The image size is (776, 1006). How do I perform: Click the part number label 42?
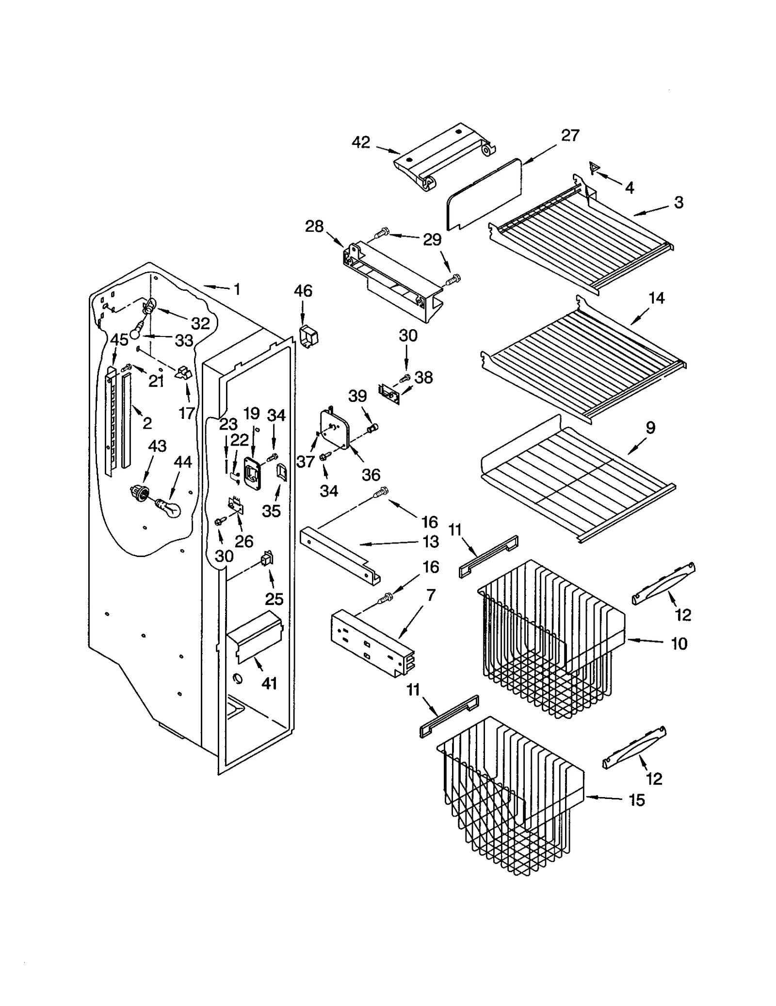click(x=361, y=142)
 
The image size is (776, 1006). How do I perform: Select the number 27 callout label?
click(x=570, y=135)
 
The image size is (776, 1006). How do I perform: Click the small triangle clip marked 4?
click(x=594, y=168)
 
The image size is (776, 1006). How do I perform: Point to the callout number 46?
click(x=303, y=291)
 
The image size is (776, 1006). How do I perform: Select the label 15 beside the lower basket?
click(x=637, y=800)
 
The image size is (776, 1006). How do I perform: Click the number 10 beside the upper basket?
click(x=679, y=644)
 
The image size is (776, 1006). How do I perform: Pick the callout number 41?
click(x=269, y=683)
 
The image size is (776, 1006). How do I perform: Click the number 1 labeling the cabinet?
click(x=237, y=289)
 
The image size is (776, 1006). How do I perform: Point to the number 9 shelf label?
click(x=650, y=428)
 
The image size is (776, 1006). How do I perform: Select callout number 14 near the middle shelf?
click(x=656, y=298)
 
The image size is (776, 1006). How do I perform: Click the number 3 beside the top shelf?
click(x=679, y=202)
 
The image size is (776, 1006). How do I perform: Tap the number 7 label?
click(x=431, y=595)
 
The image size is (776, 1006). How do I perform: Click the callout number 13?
click(x=431, y=542)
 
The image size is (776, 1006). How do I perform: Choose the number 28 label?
click(x=314, y=226)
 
